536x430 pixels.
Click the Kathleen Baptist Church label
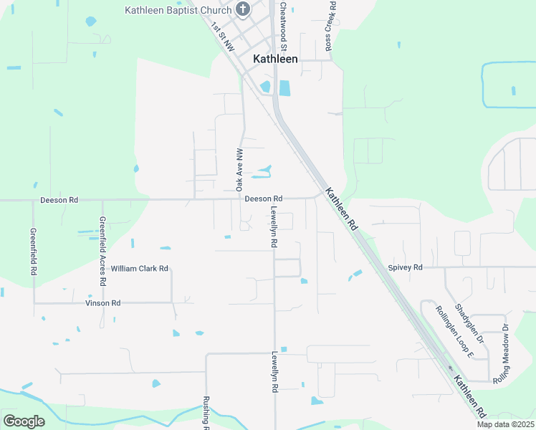pyautogui.click(x=178, y=10)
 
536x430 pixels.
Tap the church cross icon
pyautogui.click(x=243, y=9)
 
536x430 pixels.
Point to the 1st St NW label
pyautogui.click(x=222, y=36)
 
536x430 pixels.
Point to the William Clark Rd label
pyautogui.click(x=139, y=269)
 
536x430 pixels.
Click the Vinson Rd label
pyautogui.click(x=102, y=303)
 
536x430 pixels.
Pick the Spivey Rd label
pyautogui.click(x=406, y=267)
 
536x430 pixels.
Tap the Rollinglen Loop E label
pyautogui.click(x=455, y=331)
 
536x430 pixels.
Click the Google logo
pyautogui.click(x=24, y=421)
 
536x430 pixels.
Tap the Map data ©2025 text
pyautogui.click(x=504, y=424)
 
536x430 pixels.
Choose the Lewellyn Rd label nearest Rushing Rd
pyautogui.click(x=274, y=371)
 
